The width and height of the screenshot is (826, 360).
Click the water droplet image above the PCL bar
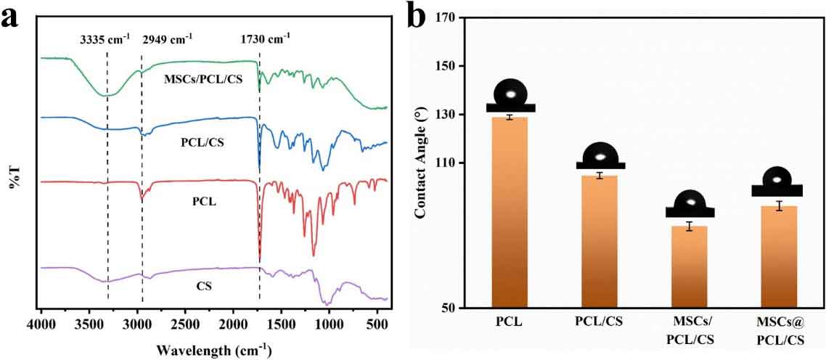tap(511, 95)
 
